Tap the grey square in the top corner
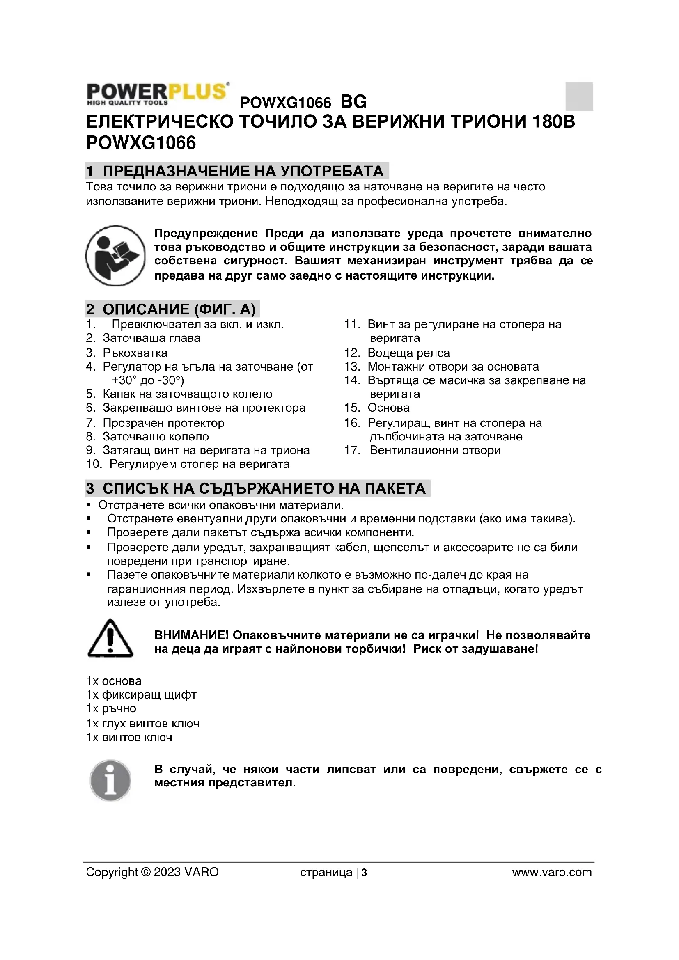(579, 96)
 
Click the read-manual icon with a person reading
(115, 255)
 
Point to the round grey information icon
(110, 780)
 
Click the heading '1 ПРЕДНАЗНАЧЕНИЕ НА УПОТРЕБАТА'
(236, 171)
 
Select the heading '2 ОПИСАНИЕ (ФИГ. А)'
(172, 309)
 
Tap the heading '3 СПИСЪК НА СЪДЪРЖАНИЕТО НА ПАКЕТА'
(257, 488)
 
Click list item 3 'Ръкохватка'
(135, 353)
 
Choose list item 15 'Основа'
(388, 408)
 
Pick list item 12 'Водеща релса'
(408, 353)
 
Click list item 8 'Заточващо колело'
(156, 437)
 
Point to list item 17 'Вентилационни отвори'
(435, 450)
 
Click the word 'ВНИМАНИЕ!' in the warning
(191, 635)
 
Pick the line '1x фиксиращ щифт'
(141, 694)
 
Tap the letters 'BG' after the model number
(354, 102)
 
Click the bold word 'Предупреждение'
(206, 233)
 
